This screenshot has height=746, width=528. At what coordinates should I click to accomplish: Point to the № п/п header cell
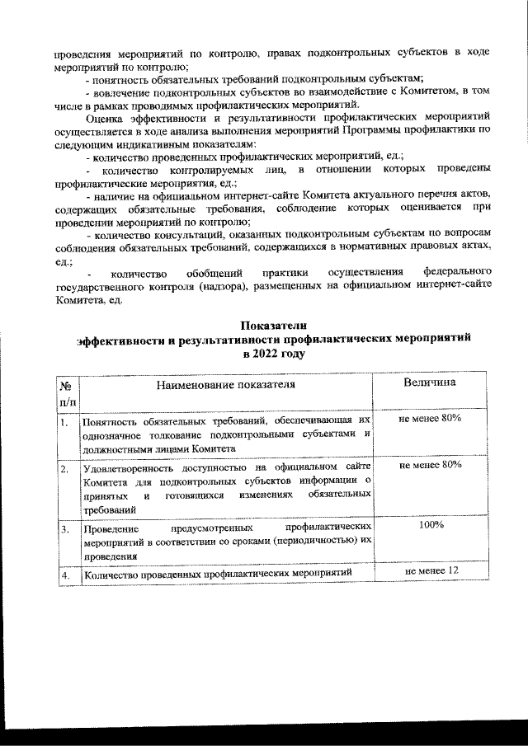pyautogui.click(x=66, y=393)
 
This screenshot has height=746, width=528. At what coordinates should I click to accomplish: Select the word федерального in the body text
pyautogui.click(x=458, y=271)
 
